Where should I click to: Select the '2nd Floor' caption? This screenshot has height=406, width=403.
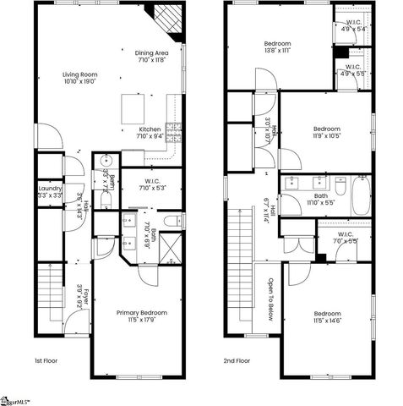point(237,360)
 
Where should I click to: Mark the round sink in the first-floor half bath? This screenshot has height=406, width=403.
point(107,161)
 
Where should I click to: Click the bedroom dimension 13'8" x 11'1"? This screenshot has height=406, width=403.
point(277,51)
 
